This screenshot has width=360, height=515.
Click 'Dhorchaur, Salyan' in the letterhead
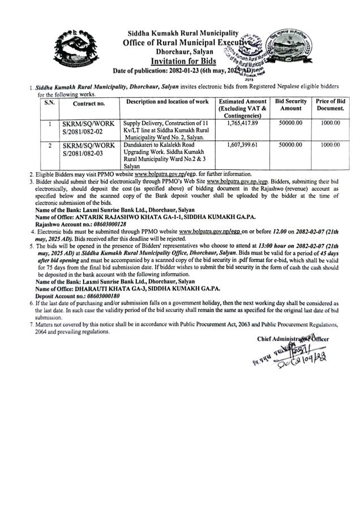(x=181, y=51)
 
